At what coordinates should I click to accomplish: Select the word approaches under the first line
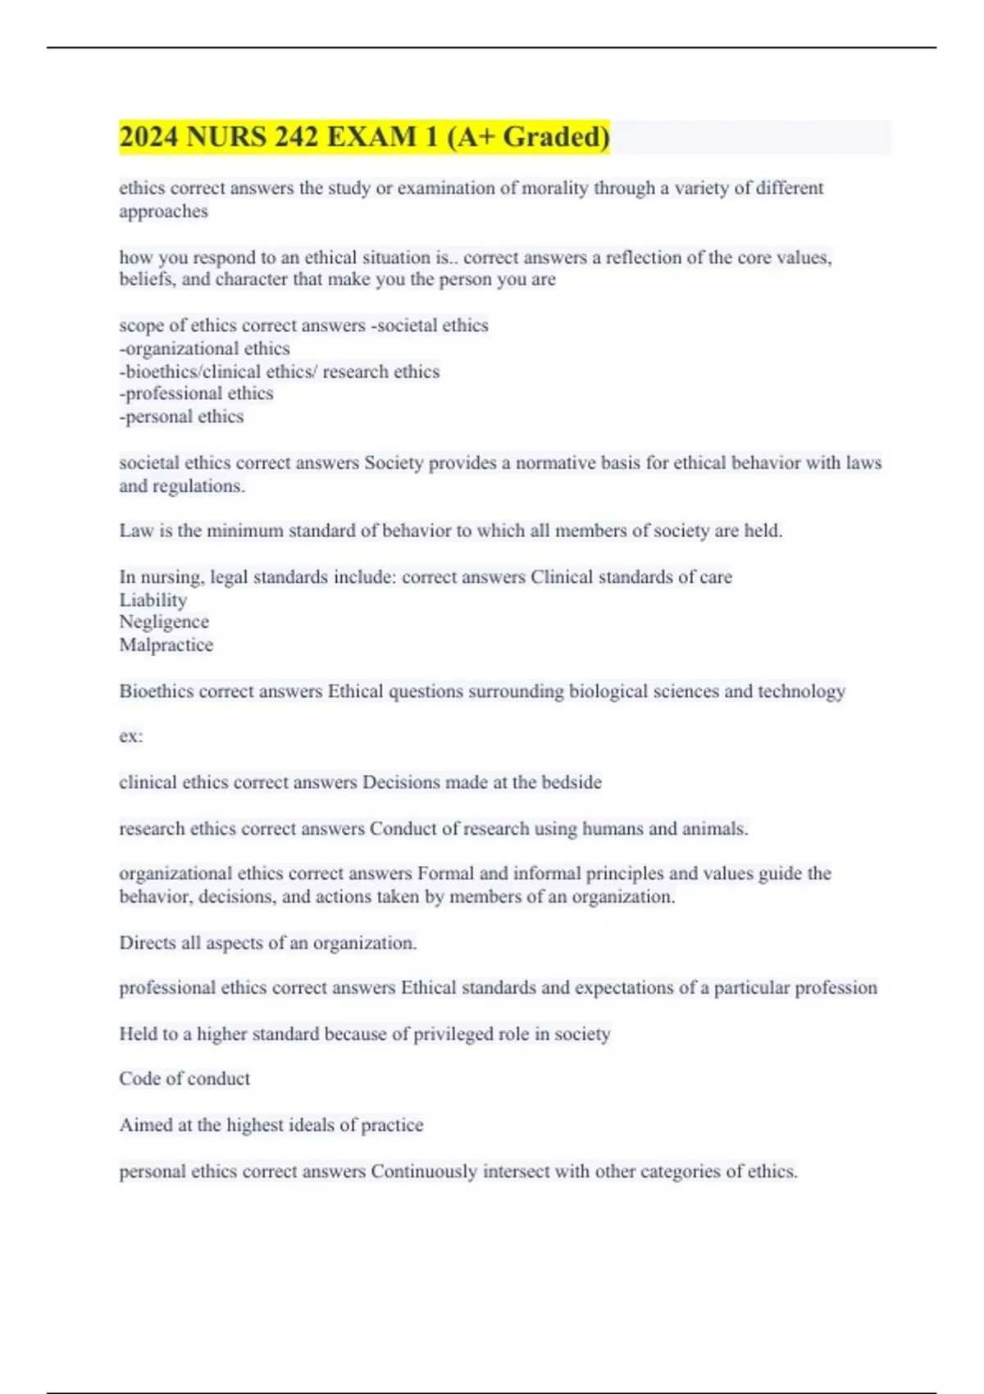coord(163,212)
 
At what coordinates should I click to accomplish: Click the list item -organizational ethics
coord(204,348)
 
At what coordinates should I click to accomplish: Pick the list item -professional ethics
coord(196,394)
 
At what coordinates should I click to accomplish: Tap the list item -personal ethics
coord(181,417)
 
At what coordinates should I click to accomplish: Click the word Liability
coord(153,600)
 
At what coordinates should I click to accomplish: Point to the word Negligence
coord(164,622)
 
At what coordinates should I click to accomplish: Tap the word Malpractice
coord(166,645)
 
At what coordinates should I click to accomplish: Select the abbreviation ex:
coord(131,736)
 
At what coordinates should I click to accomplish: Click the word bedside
coord(571,782)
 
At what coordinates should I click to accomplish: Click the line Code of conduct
coord(184,1079)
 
